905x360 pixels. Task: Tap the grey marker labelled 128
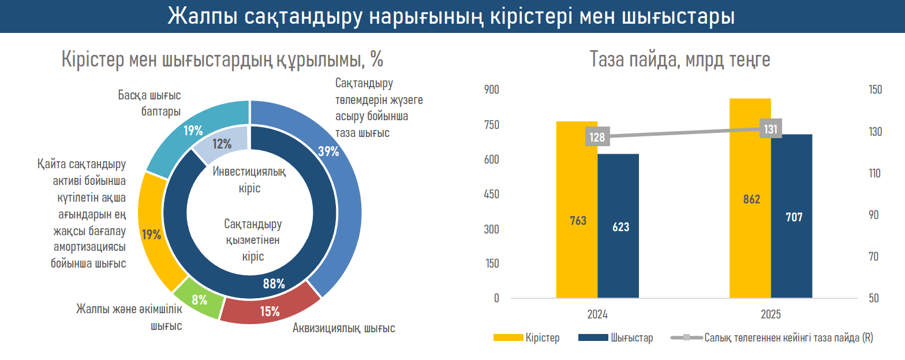pyautogui.click(x=597, y=137)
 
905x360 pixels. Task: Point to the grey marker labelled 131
pyautogui.click(x=771, y=129)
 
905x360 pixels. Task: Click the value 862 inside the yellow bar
pyautogui.click(x=751, y=199)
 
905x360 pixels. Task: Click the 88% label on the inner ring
pyautogui.click(x=274, y=284)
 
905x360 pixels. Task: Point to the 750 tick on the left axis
pyautogui.click(x=491, y=125)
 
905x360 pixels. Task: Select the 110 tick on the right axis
pyautogui.click(x=875, y=173)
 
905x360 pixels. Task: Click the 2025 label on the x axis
pyautogui.click(x=771, y=315)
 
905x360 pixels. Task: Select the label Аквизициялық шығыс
pyautogui.click(x=344, y=328)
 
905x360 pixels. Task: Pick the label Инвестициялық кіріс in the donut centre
pyautogui.click(x=249, y=180)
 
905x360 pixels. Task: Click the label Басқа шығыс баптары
pyautogui.click(x=149, y=103)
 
